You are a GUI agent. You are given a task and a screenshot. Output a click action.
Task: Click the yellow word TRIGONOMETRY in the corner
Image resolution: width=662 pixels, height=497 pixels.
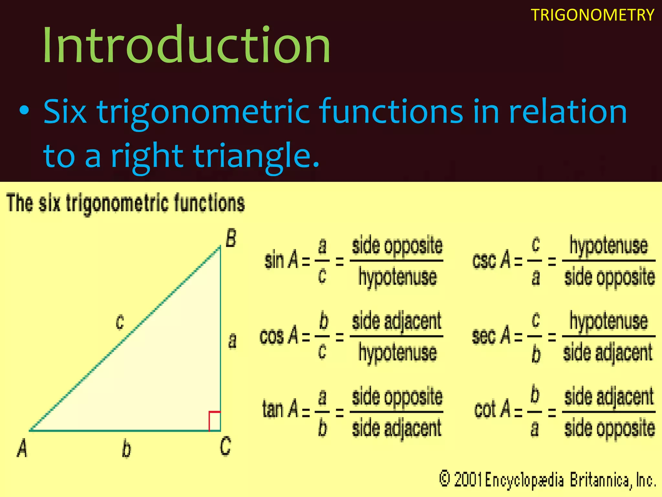[592, 15]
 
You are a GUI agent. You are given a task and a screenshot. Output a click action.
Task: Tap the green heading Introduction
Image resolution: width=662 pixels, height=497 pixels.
[187, 45]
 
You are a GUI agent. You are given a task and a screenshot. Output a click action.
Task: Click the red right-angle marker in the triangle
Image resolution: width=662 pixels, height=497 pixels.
[215, 421]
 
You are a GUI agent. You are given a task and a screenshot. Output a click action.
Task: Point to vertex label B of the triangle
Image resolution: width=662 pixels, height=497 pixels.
[231, 238]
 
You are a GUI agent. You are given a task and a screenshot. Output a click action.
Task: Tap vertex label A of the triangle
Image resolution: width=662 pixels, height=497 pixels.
[22, 449]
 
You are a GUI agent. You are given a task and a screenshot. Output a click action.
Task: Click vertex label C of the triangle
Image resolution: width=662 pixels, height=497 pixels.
[225, 446]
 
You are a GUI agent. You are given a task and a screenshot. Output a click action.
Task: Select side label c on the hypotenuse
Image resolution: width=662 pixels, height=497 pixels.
[120, 322]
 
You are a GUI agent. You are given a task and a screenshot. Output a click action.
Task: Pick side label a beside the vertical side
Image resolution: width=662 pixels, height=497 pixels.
[232, 341]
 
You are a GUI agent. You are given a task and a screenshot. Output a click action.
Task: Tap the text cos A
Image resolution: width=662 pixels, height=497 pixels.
[279, 336]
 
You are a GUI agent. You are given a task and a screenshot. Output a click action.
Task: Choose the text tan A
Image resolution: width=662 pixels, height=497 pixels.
[280, 409]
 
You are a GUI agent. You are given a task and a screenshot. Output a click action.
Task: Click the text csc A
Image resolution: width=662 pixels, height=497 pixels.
[491, 260]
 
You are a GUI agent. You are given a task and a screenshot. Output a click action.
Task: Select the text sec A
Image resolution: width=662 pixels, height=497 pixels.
[491, 336]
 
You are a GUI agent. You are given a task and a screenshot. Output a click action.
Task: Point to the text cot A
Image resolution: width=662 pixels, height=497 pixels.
[492, 409]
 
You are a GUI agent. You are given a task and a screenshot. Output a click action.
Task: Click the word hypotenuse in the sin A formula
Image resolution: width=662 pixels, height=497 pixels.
[398, 277]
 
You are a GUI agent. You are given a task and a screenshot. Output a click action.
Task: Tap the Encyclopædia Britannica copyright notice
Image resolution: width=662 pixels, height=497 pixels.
[547, 480]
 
